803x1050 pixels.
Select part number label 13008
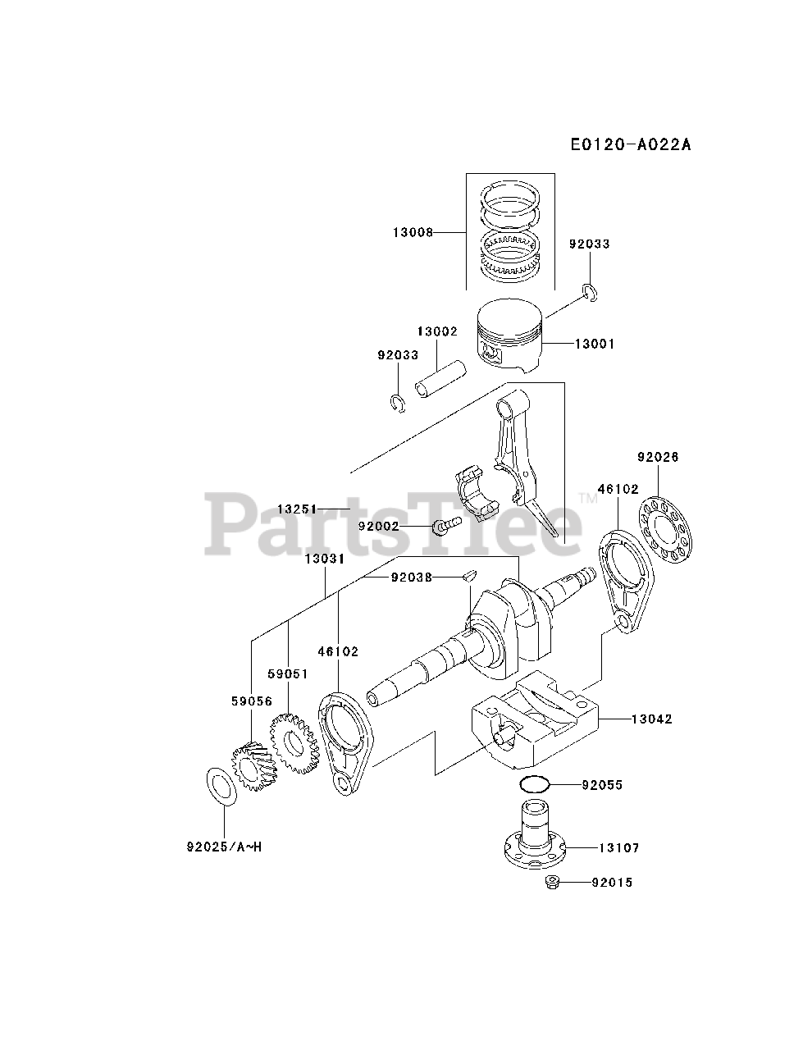412,232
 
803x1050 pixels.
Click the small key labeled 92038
468,576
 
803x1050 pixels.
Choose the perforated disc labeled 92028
665,523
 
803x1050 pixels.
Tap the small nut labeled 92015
552,883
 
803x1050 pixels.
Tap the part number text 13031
324,559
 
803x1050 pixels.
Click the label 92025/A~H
224,847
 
